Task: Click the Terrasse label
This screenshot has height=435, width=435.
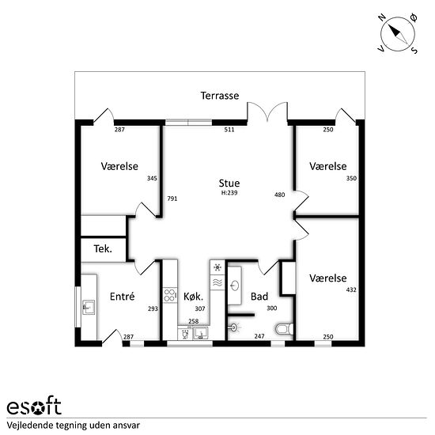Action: click(x=220, y=96)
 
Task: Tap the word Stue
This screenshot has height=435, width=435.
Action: click(x=229, y=183)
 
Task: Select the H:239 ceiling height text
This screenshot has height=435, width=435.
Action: click(x=229, y=193)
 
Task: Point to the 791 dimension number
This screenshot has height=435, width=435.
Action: click(x=172, y=199)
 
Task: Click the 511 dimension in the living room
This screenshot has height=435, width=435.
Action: click(x=229, y=130)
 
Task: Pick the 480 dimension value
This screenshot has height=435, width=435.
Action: click(x=280, y=195)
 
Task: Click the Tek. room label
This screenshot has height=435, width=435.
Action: click(x=103, y=249)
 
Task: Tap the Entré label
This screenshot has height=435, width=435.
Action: click(x=122, y=297)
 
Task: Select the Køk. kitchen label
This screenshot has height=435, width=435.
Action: click(x=193, y=297)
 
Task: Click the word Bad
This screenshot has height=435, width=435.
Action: click(x=259, y=297)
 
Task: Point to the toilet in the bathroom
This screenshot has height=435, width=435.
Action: click(x=285, y=329)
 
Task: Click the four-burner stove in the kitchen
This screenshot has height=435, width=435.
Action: click(x=170, y=295)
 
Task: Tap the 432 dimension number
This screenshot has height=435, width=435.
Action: click(x=351, y=289)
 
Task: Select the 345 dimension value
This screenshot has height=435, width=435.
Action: click(x=152, y=179)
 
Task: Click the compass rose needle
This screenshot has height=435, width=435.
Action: click(x=398, y=34)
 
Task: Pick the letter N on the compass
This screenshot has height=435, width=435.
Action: click(x=382, y=18)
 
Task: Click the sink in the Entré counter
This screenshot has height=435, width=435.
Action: click(x=89, y=307)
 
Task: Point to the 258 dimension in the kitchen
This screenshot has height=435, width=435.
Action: click(x=193, y=321)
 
